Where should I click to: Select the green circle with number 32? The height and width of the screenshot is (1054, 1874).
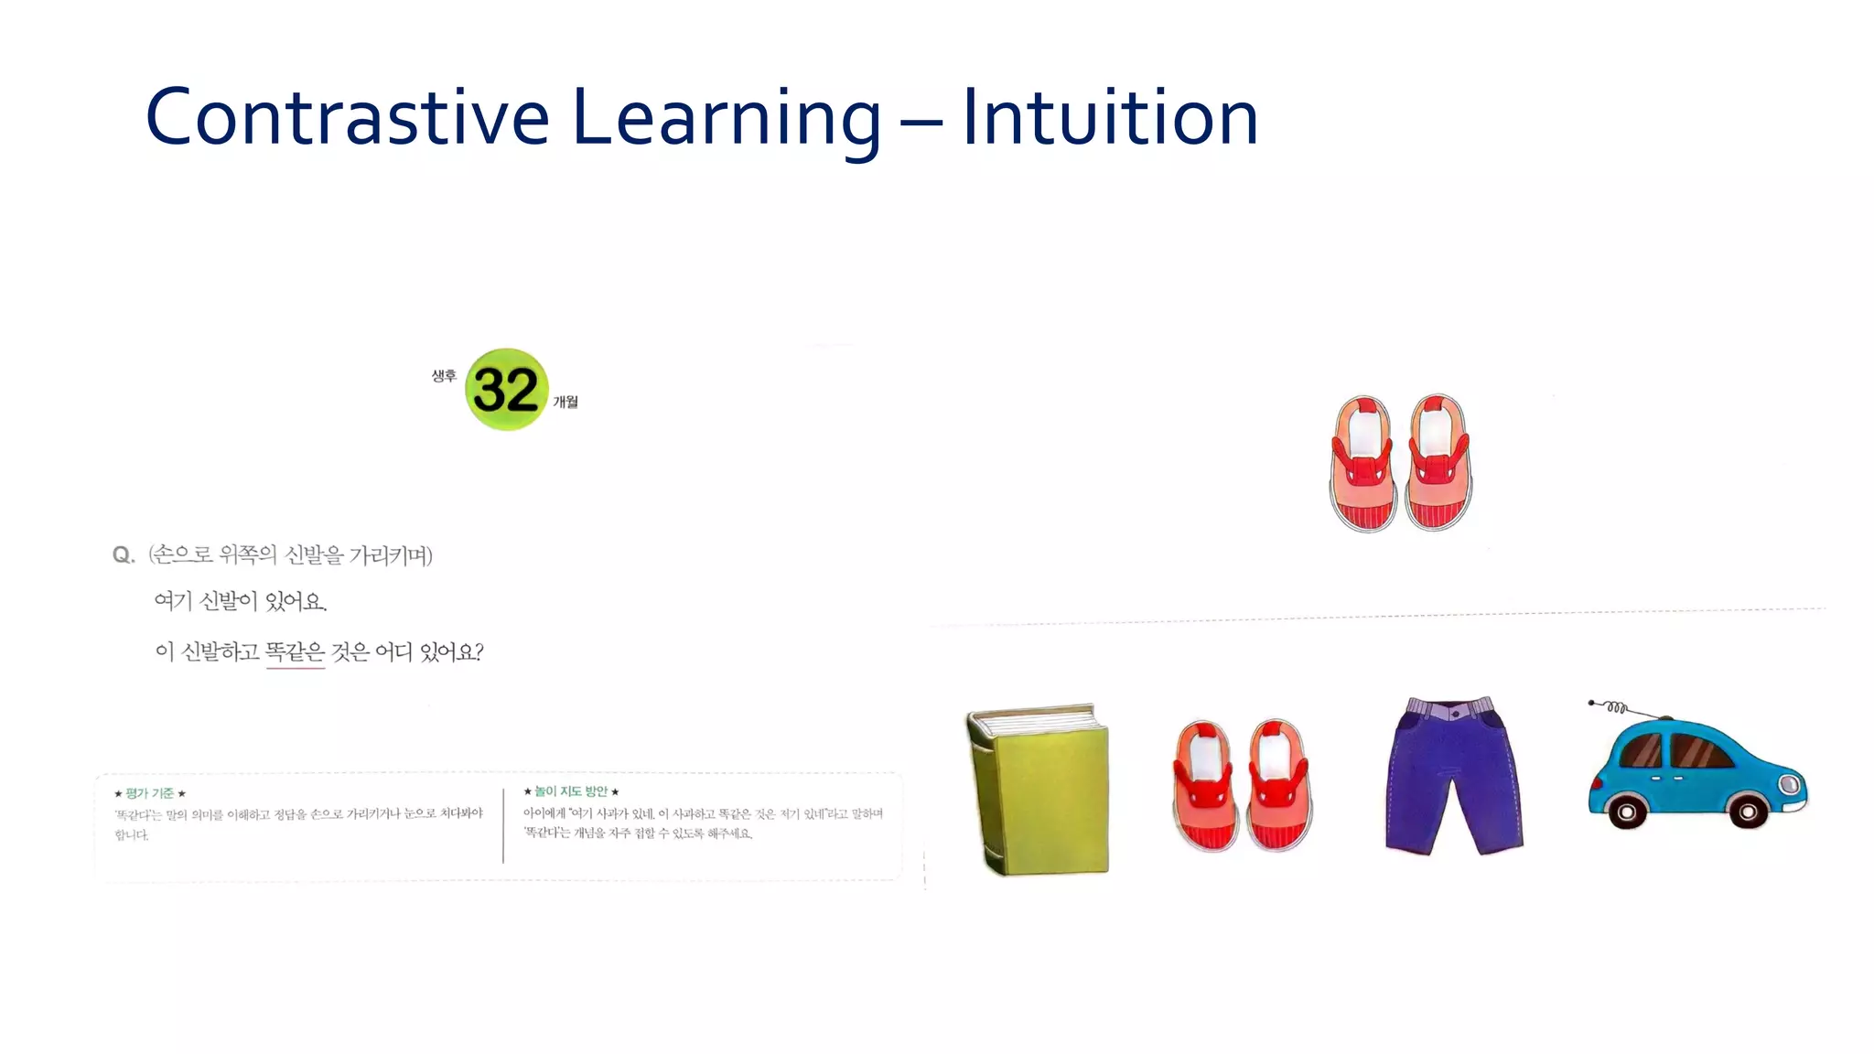tap(506, 390)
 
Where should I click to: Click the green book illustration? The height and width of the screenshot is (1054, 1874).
tap(1039, 790)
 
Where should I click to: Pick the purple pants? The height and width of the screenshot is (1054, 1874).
tap(1453, 776)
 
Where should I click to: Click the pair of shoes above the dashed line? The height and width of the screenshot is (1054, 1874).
tap(1401, 463)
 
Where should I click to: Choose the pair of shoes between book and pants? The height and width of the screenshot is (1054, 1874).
tap(1242, 785)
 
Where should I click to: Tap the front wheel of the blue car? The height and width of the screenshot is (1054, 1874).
tap(1748, 812)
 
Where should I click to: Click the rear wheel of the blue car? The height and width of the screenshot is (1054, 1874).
tap(1627, 812)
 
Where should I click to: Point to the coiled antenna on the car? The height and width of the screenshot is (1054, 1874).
tap(1616, 707)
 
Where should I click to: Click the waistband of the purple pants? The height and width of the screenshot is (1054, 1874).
tap(1452, 708)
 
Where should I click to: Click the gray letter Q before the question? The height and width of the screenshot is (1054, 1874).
tap(123, 555)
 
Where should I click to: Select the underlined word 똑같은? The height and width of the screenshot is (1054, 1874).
tap(295, 652)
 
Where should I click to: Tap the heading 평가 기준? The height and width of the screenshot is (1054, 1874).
tap(150, 793)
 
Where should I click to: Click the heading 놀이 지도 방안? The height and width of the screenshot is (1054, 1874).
tap(571, 791)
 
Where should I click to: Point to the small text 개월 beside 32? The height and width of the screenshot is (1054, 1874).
tap(565, 402)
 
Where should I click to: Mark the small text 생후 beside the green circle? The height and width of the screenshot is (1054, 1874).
tap(444, 375)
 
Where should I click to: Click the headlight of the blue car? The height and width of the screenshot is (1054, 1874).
tap(1789, 785)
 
